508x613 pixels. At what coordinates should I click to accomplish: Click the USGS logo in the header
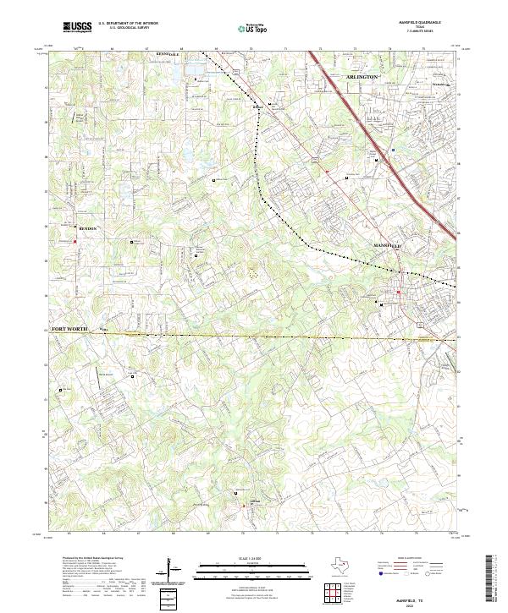tap(77, 27)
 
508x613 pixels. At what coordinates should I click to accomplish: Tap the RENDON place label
tap(88, 228)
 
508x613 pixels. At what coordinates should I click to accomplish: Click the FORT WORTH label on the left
tap(69, 328)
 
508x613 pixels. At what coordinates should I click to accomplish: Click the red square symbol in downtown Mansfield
tap(398, 293)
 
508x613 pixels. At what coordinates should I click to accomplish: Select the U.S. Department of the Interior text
tap(128, 23)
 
